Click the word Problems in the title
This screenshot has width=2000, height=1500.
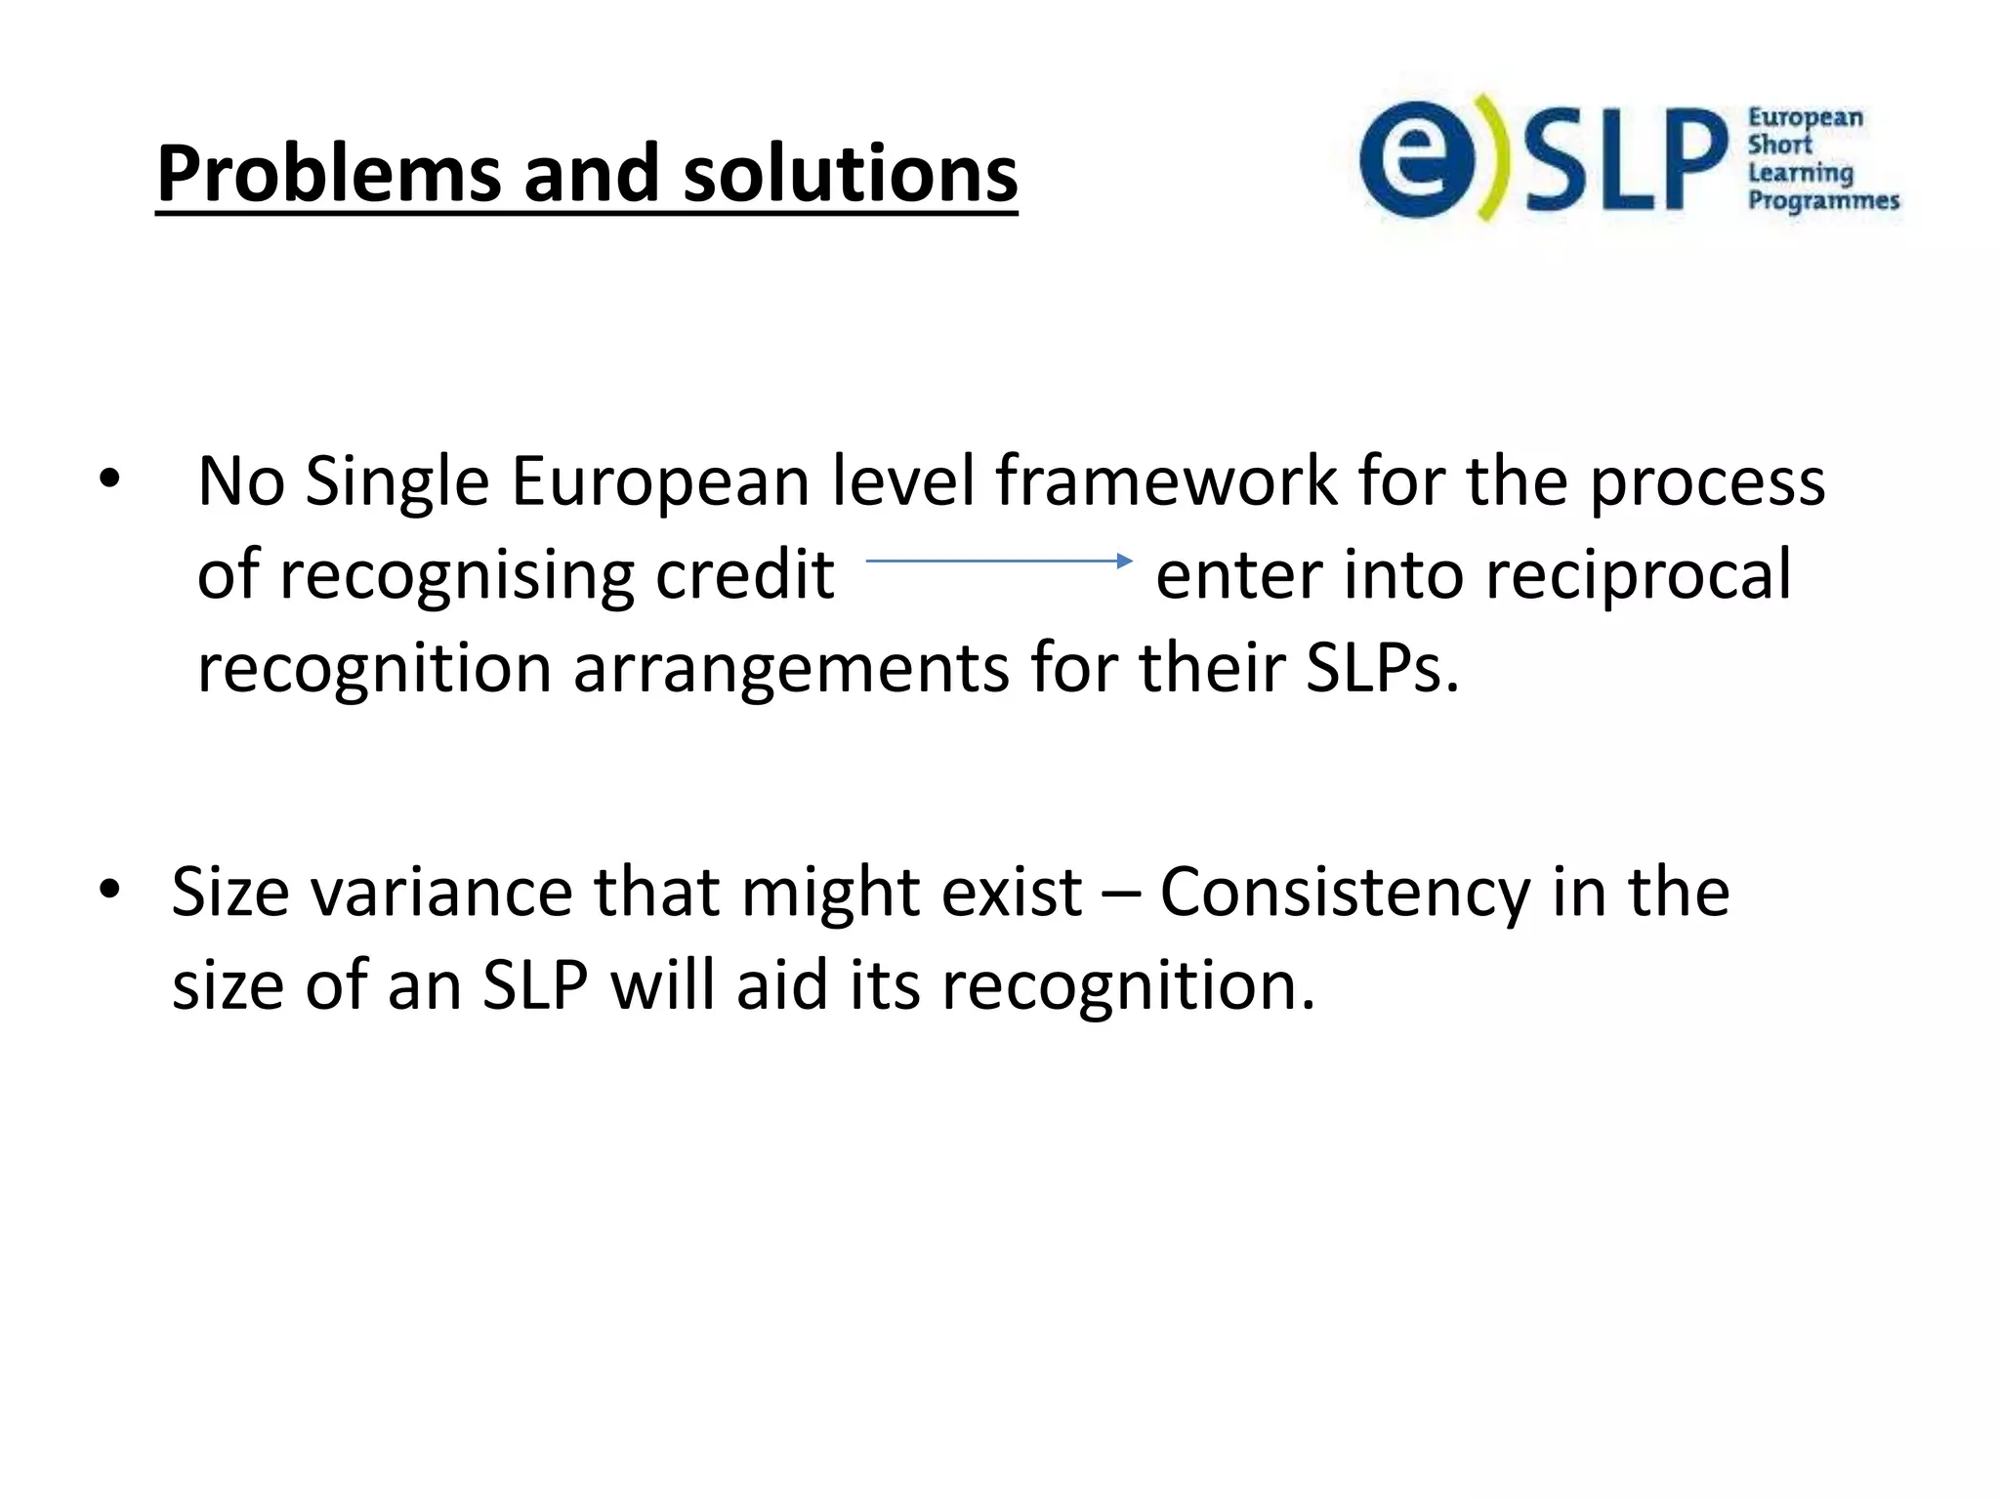point(327,176)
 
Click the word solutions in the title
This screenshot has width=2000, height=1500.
point(850,174)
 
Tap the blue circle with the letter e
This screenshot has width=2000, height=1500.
point(1416,159)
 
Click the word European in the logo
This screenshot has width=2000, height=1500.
point(1805,118)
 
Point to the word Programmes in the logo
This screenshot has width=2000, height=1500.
point(1822,201)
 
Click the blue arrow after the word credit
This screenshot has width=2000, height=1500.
point(998,561)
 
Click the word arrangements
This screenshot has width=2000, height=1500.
point(790,670)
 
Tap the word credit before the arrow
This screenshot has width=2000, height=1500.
point(744,575)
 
